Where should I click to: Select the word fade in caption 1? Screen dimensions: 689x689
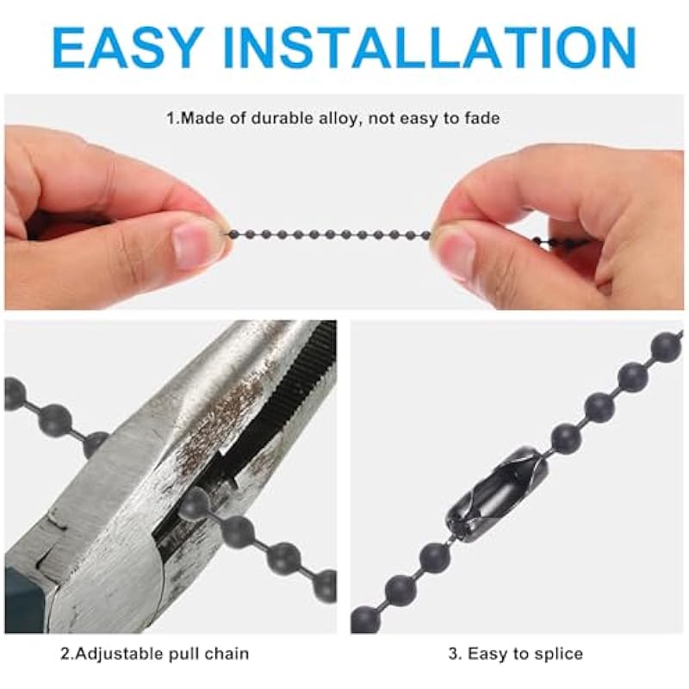click(x=482, y=118)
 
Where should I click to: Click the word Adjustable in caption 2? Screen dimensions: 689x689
click(x=118, y=655)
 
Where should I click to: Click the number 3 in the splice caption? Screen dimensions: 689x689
click(x=453, y=655)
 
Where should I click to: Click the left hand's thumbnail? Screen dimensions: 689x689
click(x=192, y=243)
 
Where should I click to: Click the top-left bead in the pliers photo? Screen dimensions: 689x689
click(x=13, y=392)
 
